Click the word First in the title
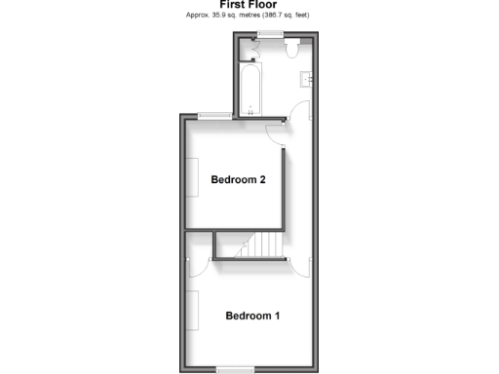pyautogui.click(x=235, y=5)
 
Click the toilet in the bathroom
pyautogui.click(x=290, y=48)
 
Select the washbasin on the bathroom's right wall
pyautogui.click(x=306, y=77)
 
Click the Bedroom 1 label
pyautogui.click(x=252, y=316)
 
